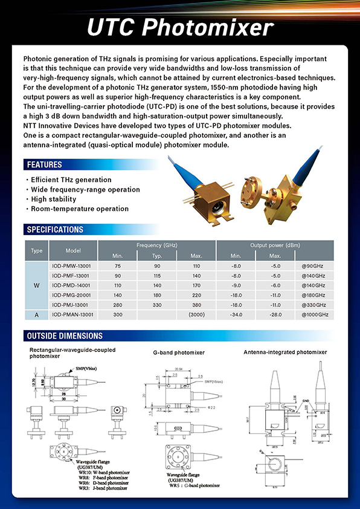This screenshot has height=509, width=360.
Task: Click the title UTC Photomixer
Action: [180, 28]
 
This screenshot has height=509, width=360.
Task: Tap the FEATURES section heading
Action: [44, 164]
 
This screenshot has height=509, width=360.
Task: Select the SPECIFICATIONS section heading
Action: [55, 230]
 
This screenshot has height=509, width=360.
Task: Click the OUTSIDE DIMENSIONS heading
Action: [65, 336]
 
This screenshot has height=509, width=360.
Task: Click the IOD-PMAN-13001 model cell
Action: [73, 315]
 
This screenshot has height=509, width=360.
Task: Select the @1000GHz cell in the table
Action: [315, 315]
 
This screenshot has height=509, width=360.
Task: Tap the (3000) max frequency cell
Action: [196, 315]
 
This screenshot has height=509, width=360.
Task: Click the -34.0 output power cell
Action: [236, 315]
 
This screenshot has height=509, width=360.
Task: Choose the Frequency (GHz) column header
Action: [156, 245]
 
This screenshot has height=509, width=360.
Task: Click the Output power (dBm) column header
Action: [275, 245]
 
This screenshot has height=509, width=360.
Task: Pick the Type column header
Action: [37, 250]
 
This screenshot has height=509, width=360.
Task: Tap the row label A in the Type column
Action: [37, 315]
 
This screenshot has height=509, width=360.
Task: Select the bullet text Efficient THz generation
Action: [71, 180]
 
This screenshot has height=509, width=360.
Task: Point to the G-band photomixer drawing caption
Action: [180, 352]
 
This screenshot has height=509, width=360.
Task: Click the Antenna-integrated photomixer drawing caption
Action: [285, 352]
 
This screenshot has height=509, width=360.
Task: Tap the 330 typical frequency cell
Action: [157, 305]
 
